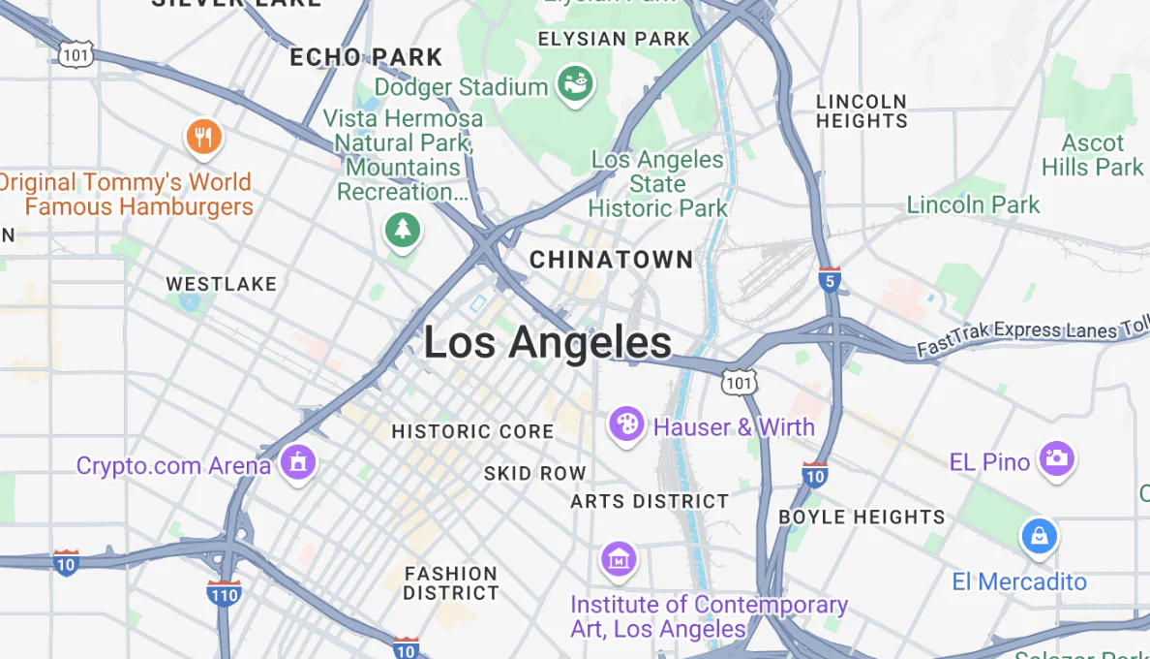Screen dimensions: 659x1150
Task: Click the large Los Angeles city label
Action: pos(548,343)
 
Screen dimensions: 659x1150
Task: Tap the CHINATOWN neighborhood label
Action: pos(612,260)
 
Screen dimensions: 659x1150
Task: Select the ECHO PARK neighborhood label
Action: pos(366,57)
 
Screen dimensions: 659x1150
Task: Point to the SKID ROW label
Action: pos(535,474)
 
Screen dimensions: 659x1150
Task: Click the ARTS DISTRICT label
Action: pos(650,501)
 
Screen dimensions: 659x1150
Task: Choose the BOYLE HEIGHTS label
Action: pos(862,517)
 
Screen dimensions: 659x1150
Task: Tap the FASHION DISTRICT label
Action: pos(451,583)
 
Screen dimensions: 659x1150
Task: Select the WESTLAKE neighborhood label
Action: pos(221,284)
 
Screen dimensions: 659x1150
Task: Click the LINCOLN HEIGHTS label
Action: pos(862,110)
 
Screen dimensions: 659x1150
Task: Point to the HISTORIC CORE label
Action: pos(472,431)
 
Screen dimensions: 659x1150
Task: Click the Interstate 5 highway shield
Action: pos(829,280)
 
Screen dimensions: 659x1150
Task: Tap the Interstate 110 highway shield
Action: pos(224,593)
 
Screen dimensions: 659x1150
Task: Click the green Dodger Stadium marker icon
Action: pos(575,85)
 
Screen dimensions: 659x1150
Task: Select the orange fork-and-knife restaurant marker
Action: pos(203,138)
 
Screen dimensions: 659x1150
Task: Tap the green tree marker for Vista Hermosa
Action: pos(402,232)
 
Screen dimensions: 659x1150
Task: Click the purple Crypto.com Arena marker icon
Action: pos(297,462)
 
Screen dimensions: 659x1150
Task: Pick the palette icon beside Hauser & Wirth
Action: pos(626,424)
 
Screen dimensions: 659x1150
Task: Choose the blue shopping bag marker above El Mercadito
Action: pos(1039,535)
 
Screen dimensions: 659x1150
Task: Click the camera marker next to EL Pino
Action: pos(1057,459)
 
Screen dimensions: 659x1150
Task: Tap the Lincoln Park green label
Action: pos(973,204)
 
